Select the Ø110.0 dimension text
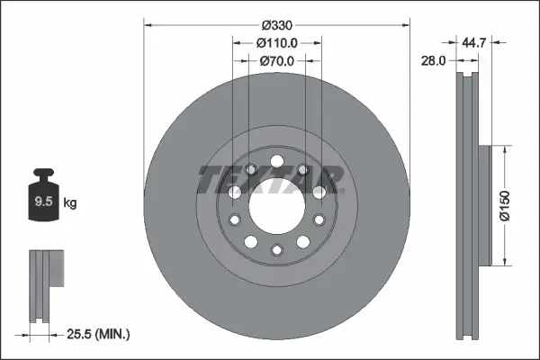tap(277, 42)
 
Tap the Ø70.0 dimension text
tap(279, 62)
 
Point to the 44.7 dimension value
tap(475, 41)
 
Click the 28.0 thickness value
tap(434, 62)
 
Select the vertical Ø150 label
tap(506, 206)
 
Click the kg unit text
tap(69, 202)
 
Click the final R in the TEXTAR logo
tap(330, 178)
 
